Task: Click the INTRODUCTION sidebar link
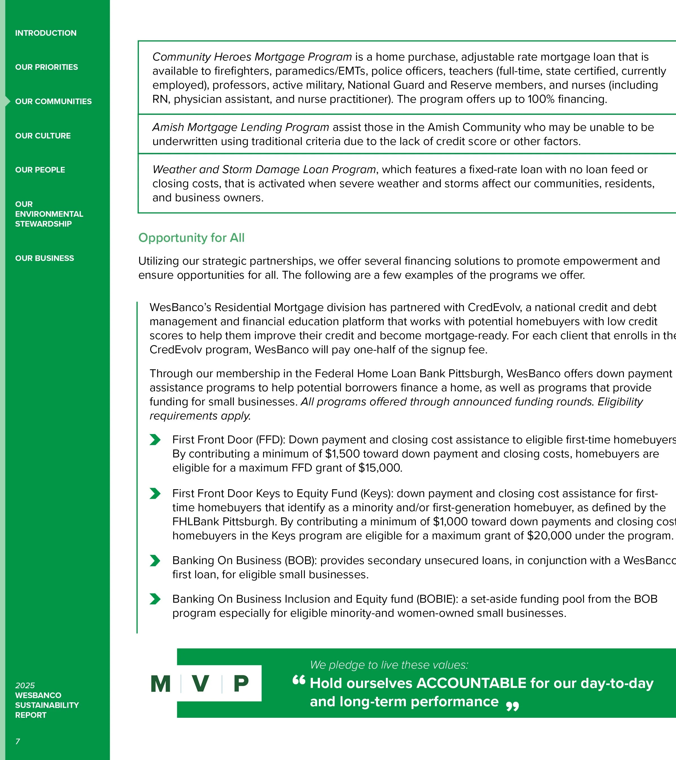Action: point(46,33)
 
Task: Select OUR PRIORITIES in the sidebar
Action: point(46,67)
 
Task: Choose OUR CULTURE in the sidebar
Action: point(43,136)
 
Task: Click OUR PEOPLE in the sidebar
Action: point(40,170)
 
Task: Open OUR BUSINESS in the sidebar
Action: point(44,258)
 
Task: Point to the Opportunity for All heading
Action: point(191,238)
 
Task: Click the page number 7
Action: point(17,741)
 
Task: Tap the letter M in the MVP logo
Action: point(160,683)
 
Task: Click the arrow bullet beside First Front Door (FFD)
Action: point(155,439)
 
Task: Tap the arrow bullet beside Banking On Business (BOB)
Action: point(155,560)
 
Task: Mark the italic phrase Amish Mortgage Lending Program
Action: point(240,127)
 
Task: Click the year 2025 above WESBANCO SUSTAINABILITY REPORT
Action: point(25,685)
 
